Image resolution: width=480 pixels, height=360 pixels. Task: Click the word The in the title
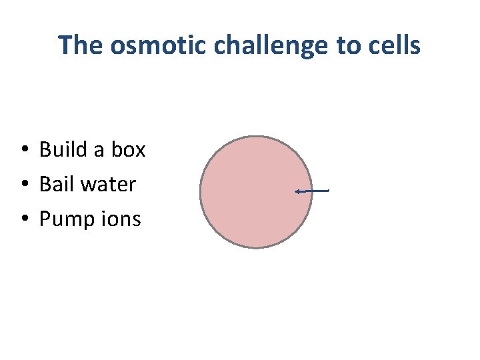(79, 45)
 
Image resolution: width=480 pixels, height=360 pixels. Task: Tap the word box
(128, 149)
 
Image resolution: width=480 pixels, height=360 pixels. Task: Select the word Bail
(55, 184)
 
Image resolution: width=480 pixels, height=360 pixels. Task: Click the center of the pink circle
(256, 192)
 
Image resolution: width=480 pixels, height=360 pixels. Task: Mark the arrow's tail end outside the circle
(329, 191)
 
